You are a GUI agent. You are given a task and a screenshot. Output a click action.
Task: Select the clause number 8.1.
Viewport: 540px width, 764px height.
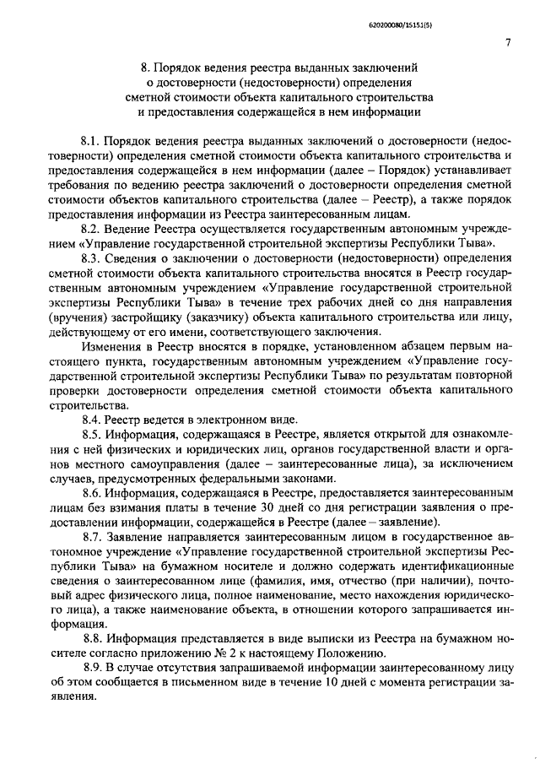pos(91,138)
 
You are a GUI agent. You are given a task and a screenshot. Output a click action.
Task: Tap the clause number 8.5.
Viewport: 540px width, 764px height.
pos(91,434)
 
